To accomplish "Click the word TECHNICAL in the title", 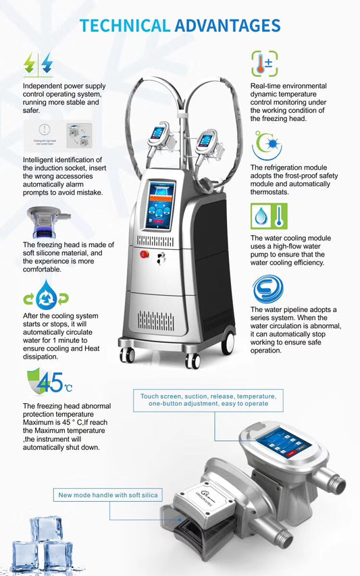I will coord(124,26).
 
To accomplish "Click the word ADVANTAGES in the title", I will coord(227,26).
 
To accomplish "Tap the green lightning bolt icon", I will coord(30,63).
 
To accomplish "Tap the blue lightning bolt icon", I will coord(46,63).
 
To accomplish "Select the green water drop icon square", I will coord(260,216).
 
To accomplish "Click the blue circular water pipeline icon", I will coord(267,289).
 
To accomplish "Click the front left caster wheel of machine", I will coord(128,355).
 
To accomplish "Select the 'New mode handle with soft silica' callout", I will coord(108,495).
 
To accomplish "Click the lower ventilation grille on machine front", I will coord(157,319).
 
